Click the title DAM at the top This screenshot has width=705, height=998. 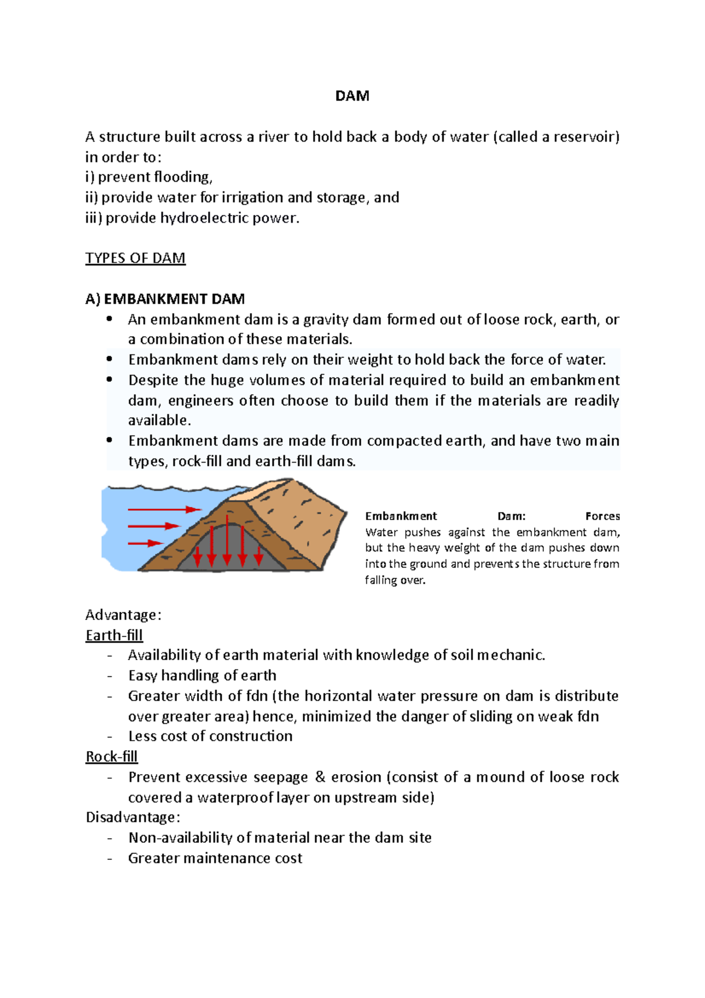(352, 96)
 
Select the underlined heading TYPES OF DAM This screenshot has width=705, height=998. (135, 258)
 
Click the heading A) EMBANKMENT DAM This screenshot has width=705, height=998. (164, 299)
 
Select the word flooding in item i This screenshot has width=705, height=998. (181, 177)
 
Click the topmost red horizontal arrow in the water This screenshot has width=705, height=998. (164, 509)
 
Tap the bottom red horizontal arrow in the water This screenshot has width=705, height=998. (145, 543)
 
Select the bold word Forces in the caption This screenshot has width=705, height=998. (602, 516)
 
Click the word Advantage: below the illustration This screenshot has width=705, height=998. (123, 615)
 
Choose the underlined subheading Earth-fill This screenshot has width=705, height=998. (114, 635)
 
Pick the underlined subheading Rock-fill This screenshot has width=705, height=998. (112, 756)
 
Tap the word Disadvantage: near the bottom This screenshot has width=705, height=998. (133, 818)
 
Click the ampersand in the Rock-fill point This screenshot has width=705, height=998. (320, 777)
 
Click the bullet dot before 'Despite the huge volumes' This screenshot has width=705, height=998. (109, 380)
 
